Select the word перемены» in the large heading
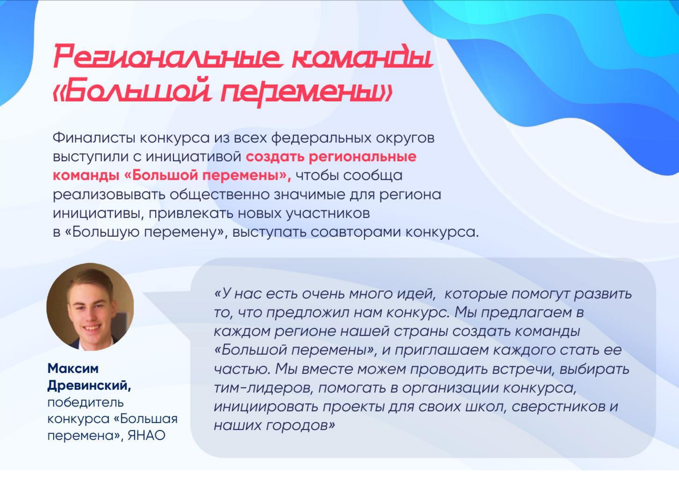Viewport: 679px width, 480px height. (x=306, y=93)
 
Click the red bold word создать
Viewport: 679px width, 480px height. (x=275, y=157)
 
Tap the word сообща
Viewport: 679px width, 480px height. (x=372, y=176)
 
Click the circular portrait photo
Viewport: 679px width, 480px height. (x=90, y=307)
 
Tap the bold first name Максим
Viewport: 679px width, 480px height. (x=73, y=369)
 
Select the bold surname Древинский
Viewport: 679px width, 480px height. (x=89, y=386)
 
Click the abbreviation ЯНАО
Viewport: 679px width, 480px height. (x=146, y=436)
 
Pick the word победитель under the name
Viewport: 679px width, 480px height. (x=85, y=402)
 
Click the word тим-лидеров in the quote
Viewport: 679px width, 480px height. (x=263, y=388)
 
